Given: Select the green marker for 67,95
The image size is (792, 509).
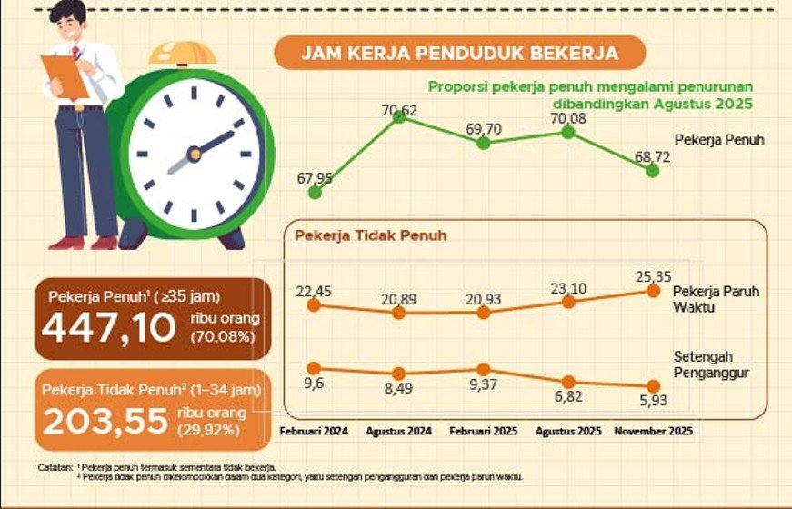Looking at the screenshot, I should point(315,192).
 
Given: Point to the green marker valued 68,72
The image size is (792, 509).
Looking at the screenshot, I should point(652,170).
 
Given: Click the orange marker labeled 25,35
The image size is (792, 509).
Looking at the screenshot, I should point(652,291).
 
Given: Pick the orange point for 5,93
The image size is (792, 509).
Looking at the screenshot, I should point(652,386).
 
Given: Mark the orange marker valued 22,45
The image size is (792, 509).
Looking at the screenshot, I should point(315,305).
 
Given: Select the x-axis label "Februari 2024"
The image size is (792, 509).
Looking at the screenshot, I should point(315,431).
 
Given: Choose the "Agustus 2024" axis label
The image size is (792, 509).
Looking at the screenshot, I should point(399,431).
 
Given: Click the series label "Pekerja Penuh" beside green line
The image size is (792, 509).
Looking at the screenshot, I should point(719,140).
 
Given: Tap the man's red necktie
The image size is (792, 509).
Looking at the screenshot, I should point(76,55).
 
